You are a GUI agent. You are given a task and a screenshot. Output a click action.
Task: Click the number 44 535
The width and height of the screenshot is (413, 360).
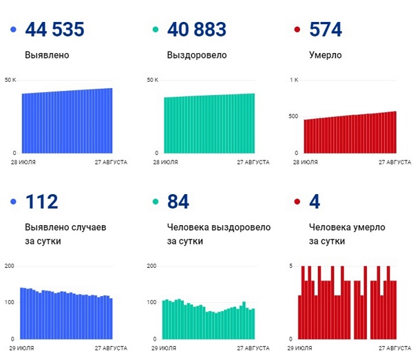coord(55,29)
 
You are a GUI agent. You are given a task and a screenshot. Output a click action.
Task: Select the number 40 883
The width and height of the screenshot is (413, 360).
coord(197,29)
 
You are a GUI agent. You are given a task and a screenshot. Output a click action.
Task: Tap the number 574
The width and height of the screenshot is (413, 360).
coord(326,29)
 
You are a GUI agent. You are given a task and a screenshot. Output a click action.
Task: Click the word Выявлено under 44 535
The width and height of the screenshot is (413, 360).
coord(47,55)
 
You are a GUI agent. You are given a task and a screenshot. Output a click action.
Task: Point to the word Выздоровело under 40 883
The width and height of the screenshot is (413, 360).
coord(197,55)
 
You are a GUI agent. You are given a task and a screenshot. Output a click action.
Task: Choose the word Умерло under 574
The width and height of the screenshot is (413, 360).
coord(326,55)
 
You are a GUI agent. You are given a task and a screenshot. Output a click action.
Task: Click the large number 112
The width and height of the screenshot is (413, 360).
coord(41,202)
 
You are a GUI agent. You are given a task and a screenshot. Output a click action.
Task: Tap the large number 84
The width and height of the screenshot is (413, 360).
coord(178,202)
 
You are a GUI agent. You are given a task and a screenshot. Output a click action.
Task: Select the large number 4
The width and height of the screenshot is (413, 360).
coord(315,202)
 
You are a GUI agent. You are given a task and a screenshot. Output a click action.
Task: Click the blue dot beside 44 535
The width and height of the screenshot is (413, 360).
coord(13,30)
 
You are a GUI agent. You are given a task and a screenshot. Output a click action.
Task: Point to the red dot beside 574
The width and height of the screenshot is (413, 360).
coord(297,30)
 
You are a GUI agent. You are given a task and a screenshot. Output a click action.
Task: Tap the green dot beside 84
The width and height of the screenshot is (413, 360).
coord(156,202)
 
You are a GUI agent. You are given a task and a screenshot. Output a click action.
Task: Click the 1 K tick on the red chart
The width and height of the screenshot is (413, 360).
coord(294,80)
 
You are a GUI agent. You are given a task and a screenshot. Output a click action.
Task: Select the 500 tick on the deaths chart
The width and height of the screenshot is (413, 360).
coord(293,116)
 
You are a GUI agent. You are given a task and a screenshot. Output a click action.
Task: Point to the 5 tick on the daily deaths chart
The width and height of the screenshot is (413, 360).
coord(290,266)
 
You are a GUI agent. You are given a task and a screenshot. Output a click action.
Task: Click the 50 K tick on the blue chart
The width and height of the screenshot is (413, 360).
coord(10,80)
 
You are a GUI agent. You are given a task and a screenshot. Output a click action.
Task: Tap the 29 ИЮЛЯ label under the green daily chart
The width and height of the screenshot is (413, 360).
coord(164,348)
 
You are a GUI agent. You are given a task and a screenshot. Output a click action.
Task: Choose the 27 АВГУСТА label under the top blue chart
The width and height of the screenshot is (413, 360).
coord(111,162)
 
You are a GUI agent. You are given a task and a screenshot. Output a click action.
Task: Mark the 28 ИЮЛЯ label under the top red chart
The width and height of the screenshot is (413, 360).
coord(305,162)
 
